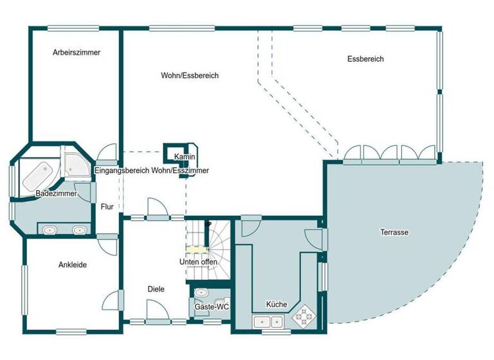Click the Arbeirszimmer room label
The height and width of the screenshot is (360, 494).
coord(77,53)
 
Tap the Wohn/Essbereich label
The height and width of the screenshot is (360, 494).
coord(190,75)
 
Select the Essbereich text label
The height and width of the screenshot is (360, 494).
coord(365,59)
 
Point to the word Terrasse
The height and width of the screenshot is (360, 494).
coord(394,232)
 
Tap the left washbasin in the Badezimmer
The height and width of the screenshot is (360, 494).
coord(48,230)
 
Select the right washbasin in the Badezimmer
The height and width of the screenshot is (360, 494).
coord(80,230)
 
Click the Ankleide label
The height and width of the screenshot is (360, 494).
coord(73,264)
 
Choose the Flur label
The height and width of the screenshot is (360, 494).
coord(107,207)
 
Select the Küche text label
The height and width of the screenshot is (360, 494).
coord(277,305)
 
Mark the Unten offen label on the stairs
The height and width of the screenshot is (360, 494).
coord(198,262)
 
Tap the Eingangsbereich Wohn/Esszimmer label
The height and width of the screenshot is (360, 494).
coord(151,171)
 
